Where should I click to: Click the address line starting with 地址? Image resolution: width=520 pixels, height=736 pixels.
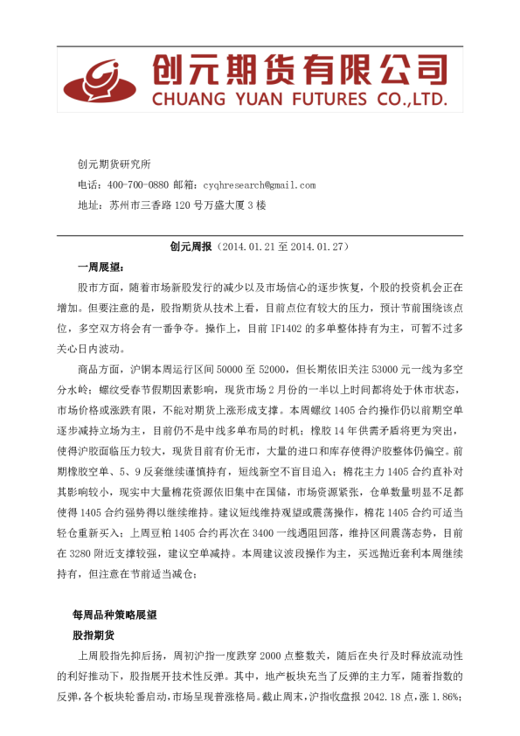[x=171, y=205]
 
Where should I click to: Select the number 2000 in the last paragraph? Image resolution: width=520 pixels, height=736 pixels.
[x=269, y=656]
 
